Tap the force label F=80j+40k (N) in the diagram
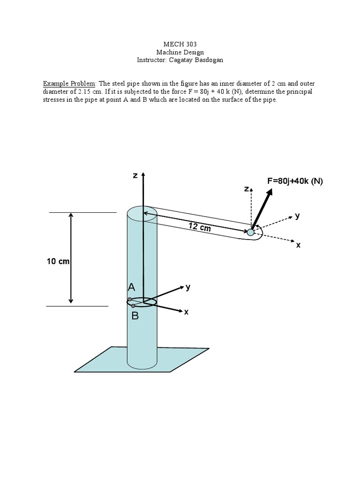pyautogui.click(x=295, y=181)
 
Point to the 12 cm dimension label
pyautogui.click(x=200, y=227)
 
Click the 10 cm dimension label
pyautogui.click(x=58, y=261)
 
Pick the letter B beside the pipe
pyautogui.click(x=135, y=316)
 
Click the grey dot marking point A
pyautogui.click(x=129, y=300)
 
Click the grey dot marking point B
pyautogui.click(x=134, y=306)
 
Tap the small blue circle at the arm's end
pyautogui.click(x=251, y=232)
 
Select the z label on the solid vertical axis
pyautogui.click(x=135, y=175)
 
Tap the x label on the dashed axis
pyautogui.click(x=298, y=245)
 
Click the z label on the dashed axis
pyautogui.click(x=246, y=188)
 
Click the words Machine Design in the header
pyautogui.click(x=180, y=52)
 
